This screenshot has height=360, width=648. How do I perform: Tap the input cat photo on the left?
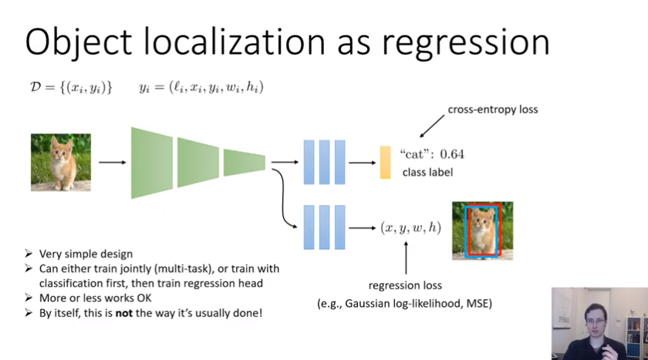[61, 162]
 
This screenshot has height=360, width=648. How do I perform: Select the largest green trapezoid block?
[151, 162]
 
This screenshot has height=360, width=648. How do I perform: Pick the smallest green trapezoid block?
[244, 162]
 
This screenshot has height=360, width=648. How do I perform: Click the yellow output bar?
[386, 162]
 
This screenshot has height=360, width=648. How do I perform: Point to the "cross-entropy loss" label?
[493, 109]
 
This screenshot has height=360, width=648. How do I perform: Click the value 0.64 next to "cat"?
[448, 154]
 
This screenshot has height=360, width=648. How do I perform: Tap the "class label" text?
[427, 172]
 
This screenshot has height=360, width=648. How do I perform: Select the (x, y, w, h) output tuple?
[410, 227]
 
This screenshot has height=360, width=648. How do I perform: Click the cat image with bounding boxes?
[482, 230]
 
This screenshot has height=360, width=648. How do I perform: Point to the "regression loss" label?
[405, 284]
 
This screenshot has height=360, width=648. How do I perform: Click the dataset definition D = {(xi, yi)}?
[70, 87]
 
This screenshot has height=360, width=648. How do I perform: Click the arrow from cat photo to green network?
[112, 163]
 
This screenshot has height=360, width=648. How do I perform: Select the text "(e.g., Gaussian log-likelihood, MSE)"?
[405, 304]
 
